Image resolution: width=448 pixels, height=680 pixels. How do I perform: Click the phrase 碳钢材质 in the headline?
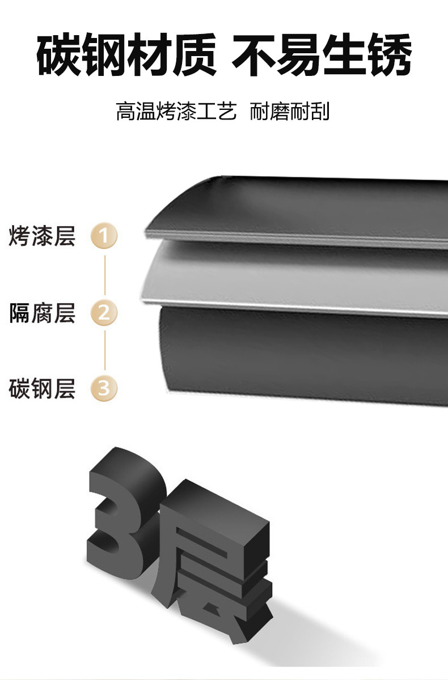click(126, 55)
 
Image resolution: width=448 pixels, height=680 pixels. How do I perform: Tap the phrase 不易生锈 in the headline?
click(322, 55)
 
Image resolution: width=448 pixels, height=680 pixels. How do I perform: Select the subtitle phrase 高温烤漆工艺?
click(176, 111)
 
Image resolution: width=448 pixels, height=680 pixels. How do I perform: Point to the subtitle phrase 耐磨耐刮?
click(290, 111)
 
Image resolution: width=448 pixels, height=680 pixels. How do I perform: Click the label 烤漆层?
click(42, 236)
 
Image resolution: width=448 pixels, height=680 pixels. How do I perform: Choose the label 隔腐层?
click(42, 312)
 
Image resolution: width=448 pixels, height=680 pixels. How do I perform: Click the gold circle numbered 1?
click(104, 236)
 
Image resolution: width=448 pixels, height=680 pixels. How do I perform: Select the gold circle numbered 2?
click(104, 312)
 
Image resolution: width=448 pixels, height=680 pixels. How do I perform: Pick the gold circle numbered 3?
click(104, 389)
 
